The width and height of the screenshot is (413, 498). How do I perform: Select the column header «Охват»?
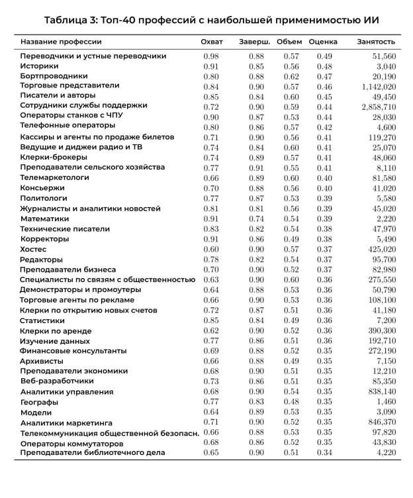coord(212,42)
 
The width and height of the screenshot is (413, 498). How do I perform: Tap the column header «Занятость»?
coord(376,42)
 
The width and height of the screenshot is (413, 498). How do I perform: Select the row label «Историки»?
coord(39,66)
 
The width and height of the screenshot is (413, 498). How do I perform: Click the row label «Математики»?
coord(45,219)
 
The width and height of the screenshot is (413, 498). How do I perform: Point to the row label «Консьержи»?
coord(42,188)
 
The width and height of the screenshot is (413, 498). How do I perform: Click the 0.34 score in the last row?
coord(324,452)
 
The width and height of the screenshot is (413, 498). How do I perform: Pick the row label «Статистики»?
coord(43,321)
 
